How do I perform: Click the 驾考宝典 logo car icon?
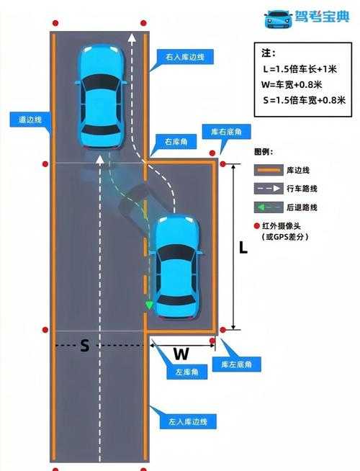(x=278, y=18)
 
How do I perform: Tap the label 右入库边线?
(x=181, y=55)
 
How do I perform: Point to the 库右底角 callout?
(x=230, y=133)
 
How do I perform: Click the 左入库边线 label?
(x=182, y=421)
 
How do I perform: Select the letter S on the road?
(x=84, y=346)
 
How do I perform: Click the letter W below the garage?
(x=181, y=354)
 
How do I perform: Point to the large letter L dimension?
(x=243, y=248)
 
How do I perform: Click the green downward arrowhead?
(x=149, y=306)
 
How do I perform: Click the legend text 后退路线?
(x=303, y=207)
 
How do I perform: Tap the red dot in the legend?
(x=258, y=225)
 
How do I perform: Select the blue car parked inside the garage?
(x=177, y=266)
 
